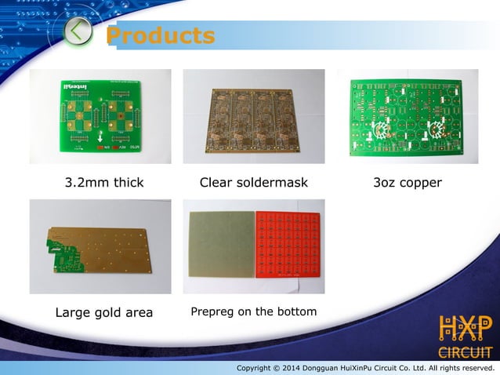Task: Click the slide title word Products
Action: point(160,36)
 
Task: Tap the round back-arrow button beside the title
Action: point(78,32)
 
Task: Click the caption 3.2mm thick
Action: point(103,183)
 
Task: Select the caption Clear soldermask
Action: point(253,183)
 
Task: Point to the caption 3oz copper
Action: point(408,183)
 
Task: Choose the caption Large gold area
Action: point(103,313)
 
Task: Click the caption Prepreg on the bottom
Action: point(253,312)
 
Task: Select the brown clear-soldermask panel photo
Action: point(253,117)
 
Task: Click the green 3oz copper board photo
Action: point(408,118)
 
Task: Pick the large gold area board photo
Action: point(101,248)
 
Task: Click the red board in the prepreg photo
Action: point(288,244)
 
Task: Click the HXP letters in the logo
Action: point(465,329)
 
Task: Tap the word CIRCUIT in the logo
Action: point(465,351)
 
